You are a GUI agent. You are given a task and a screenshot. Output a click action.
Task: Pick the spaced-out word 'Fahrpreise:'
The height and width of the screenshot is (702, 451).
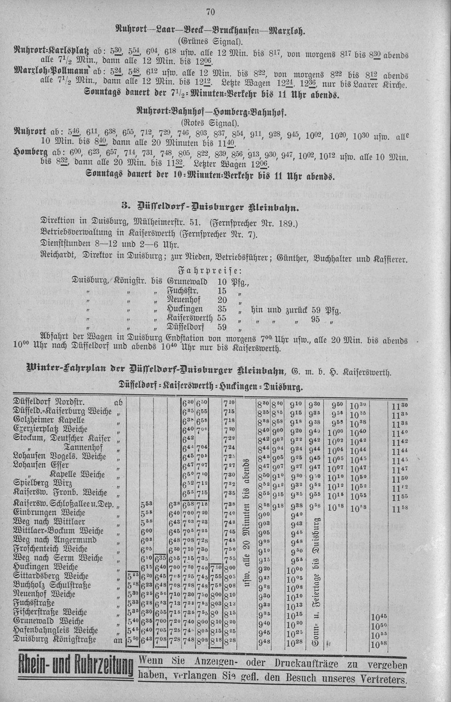click(211, 271)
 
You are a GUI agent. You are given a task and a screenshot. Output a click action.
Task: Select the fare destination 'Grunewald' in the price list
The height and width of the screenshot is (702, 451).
click(187, 282)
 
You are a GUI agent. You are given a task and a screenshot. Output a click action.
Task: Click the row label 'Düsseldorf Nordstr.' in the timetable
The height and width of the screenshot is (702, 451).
click(49, 402)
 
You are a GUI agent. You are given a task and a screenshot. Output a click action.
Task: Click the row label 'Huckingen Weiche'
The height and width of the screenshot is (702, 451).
click(46, 566)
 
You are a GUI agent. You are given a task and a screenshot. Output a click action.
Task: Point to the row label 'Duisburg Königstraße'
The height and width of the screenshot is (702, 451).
click(55, 639)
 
